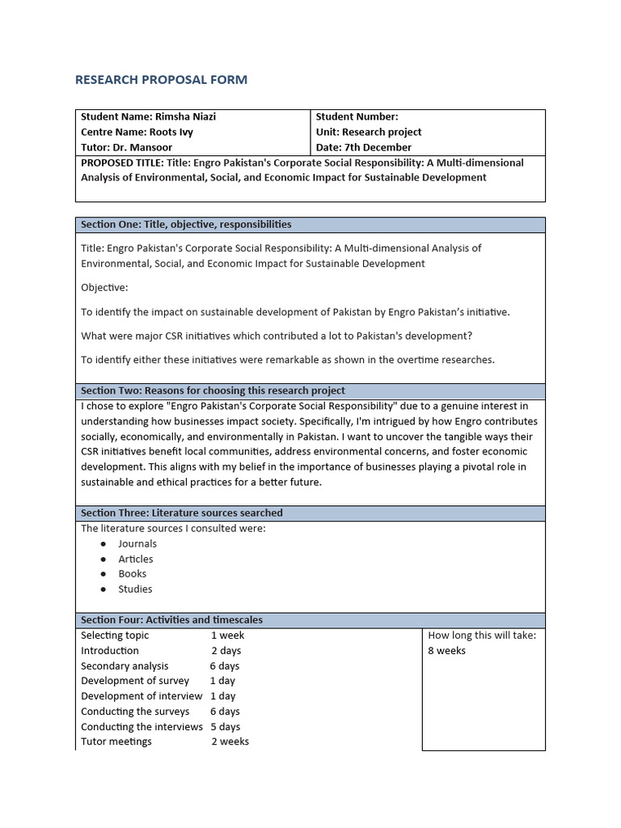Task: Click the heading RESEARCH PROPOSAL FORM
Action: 161,79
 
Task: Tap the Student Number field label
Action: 357,116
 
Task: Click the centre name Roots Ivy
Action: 171,132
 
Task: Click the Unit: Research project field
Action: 369,132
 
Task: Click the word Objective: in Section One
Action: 104,287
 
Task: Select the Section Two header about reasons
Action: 213,391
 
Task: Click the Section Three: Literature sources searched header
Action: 182,513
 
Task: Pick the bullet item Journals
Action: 137,543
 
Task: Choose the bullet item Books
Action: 133,573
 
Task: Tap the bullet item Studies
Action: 135,589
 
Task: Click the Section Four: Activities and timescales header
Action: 171,620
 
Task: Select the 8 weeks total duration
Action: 446,651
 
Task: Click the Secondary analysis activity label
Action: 125,665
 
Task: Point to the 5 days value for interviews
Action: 226,726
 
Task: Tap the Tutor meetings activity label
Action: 116,741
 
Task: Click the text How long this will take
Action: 482,636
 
